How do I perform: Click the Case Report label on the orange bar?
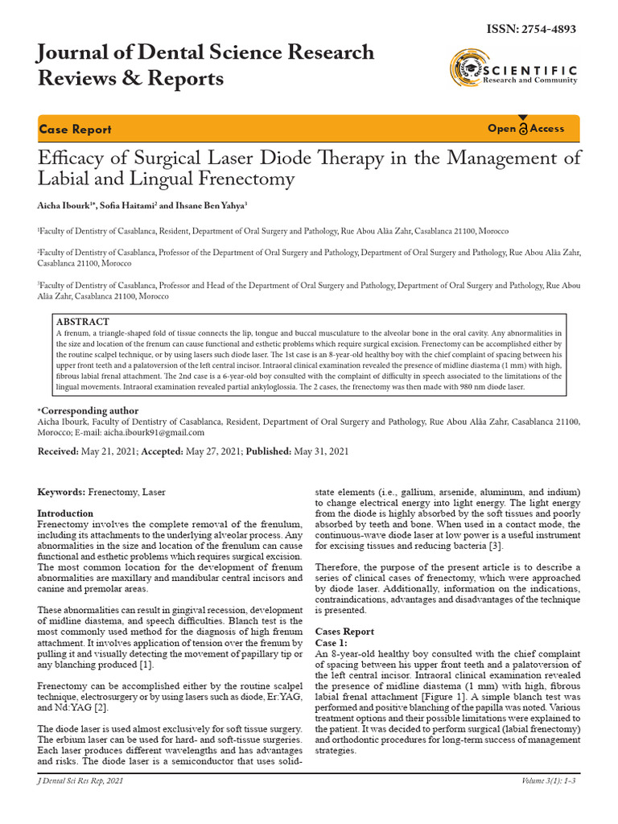(75, 130)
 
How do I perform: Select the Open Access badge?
(526, 129)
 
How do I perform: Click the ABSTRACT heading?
(83, 321)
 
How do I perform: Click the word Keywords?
(61, 491)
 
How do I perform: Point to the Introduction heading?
(66, 513)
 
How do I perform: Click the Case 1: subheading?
(332, 643)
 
